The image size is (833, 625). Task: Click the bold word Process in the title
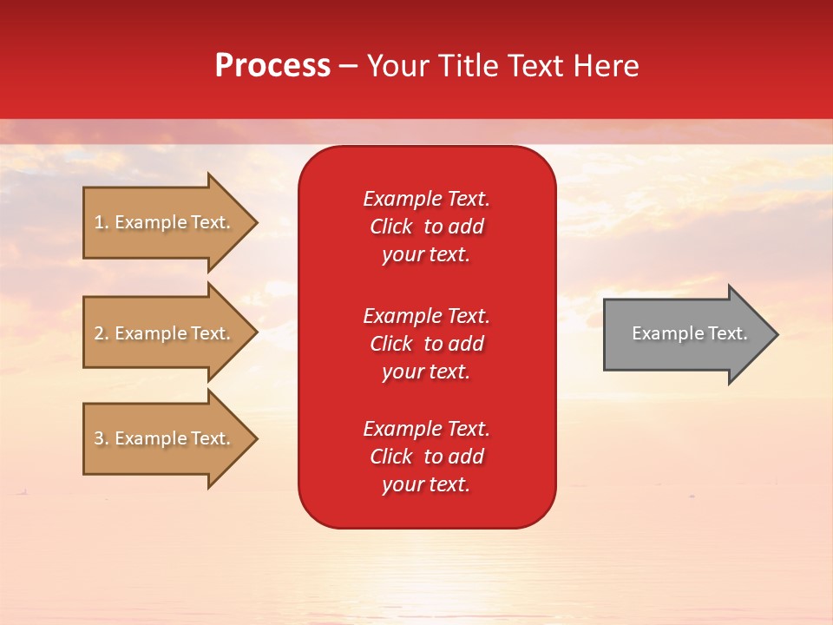point(272,66)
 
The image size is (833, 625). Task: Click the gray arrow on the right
point(685,334)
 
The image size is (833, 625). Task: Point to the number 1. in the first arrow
point(102,222)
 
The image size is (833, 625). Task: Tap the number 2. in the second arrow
point(102,333)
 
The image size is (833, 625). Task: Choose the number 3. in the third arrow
point(102,438)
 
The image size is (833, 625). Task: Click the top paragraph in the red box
point(426,227)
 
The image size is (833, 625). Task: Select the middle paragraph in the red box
point(426,344)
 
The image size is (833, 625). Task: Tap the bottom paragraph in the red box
point(426,457)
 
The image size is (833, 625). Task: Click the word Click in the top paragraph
point(390,227)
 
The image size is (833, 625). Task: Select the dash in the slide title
point(348,67)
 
